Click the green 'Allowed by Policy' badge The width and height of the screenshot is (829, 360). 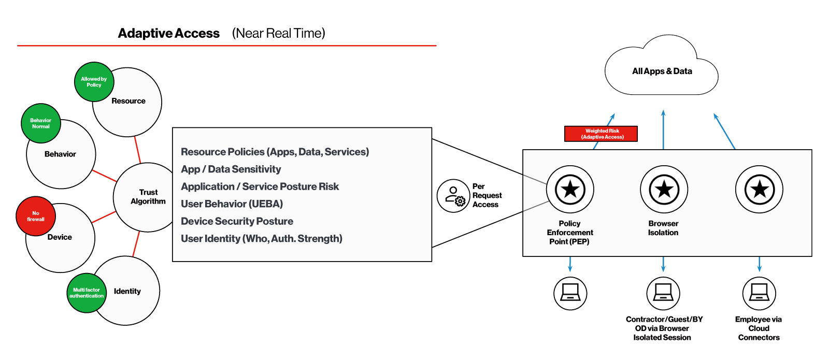click(x=94, y=82)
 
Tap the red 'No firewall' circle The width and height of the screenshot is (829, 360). click(x=36, y=216)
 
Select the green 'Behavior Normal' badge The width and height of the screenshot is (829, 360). click(x=41, y=123)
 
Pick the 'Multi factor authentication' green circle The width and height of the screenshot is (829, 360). click(x=87, y=293)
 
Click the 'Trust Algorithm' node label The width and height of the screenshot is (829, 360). click(x=148, y=197)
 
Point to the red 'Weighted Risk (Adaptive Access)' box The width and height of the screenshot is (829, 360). click(x=601, y=134)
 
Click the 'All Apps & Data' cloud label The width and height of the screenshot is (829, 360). click(x=662, y=71)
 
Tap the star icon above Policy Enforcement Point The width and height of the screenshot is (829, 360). click(x=570, y=189)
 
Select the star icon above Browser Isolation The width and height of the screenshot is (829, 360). click(x=664, y=189)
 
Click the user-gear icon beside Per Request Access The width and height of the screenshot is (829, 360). click(x=453, y=196)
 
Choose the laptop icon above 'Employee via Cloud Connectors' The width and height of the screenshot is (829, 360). click(x=759, y=293)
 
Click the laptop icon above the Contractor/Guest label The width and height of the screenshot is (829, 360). click(x=663, y=293)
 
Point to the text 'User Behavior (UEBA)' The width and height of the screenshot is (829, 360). click(x=232, y=204)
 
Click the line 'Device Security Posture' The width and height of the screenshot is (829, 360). click(x=237, y=221)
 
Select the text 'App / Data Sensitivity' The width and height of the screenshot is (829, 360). click(x=231, y=169)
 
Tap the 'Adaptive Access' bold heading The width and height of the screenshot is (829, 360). click(x=168, y=34)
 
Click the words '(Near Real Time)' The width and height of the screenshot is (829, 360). click(x=278, y=34)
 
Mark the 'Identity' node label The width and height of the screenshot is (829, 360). click(x=127, y=291)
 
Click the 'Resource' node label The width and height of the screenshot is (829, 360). click(x=128, y=101)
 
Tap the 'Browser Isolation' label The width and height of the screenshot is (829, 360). click(x=663, y=228)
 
